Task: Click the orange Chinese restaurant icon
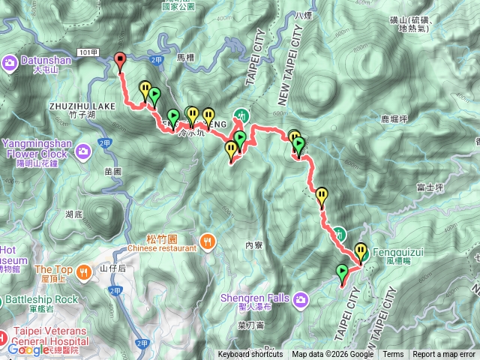point(207,241)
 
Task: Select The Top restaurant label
point(52,270)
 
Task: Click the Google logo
point(28,349)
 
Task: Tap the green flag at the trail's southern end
point(343,271)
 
